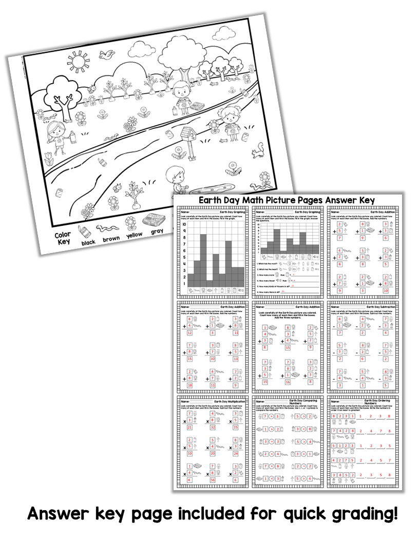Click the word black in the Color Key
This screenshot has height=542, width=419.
(88, 242)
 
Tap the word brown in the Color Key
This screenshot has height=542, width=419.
(111, 239)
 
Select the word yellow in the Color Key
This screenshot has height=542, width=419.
(135, 234)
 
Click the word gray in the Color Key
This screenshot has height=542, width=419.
(157, 231)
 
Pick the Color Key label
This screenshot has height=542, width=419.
(63, 239)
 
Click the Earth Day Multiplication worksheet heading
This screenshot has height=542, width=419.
(228, 401)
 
